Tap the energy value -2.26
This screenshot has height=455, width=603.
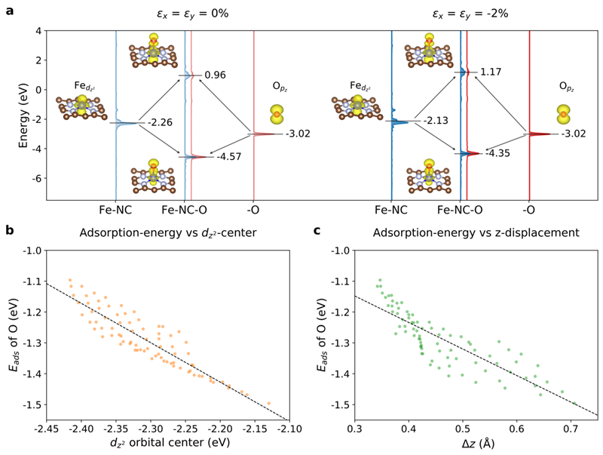point(161,123)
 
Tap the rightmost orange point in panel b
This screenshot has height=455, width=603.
point(268,404)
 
